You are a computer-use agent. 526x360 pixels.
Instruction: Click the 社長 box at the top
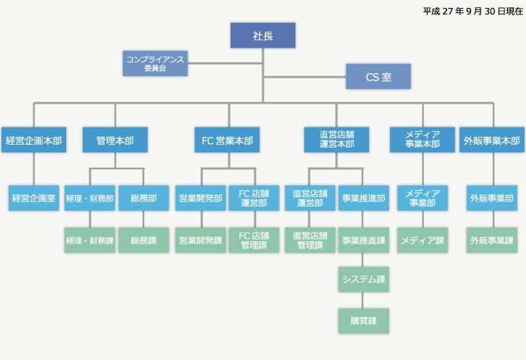click(x=262, y=36)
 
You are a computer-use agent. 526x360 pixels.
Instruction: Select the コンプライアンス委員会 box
click(x=155, y=63)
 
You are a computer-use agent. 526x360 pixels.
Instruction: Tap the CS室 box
click(x=378, y=76)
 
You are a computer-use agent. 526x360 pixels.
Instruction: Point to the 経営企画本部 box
click(x=33, y=140)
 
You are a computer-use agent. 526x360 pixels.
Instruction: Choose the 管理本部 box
click(x=115, y=140)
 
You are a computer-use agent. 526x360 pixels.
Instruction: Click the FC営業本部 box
click(x=227, y=140)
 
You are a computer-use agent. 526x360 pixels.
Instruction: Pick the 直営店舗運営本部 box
click(x=336, y=140)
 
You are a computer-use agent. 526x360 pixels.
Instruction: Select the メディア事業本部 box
click(x=422, y=140)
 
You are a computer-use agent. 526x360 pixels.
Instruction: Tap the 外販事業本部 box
click(x=491, y=140)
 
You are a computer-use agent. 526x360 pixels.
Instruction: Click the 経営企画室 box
click(x=33, y=198)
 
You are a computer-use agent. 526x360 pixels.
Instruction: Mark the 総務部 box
click(x=143, y=198)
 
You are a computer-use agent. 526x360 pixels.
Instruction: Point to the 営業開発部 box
click(x=200, y=198)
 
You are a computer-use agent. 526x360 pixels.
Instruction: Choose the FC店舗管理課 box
click(x=254, y=240)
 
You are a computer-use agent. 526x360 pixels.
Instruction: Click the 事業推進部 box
click(x=364, y=198)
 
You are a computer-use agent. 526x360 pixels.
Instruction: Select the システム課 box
click(x=364, y=279)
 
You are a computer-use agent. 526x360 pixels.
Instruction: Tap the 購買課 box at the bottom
click(x=364, y=321)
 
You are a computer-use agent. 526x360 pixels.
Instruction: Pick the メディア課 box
click(x=422, y=240)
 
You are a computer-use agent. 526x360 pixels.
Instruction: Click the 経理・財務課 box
click(x=89, y=240)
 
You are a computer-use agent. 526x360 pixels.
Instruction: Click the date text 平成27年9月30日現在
click(x=473, y=11)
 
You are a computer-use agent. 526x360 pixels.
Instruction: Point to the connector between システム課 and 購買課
click(x=364, y=300)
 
